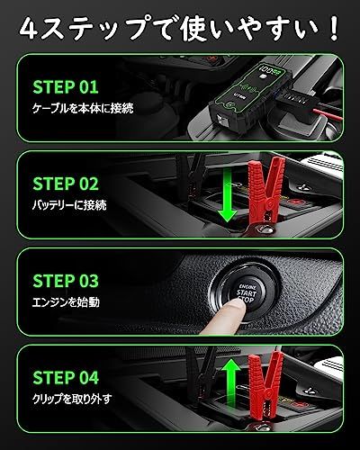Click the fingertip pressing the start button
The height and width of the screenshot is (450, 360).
coord(232,310)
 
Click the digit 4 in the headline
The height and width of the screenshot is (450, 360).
coord(31,25)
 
